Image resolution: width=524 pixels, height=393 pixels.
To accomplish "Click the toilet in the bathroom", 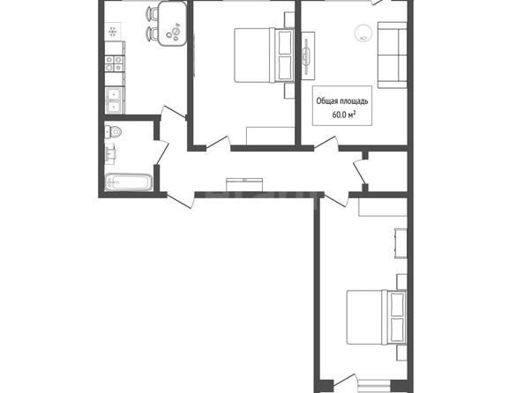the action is pos(113,131).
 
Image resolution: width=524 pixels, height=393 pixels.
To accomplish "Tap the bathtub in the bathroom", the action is pos(129,182).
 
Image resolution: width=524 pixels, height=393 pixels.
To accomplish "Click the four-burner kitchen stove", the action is pos(114,63).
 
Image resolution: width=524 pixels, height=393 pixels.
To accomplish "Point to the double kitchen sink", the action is pos(115,100).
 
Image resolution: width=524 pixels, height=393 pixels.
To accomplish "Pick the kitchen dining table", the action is pos(172,24).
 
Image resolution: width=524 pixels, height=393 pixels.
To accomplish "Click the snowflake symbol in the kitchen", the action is pos(113,32).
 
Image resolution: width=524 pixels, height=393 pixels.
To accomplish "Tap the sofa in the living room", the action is pos(393,55).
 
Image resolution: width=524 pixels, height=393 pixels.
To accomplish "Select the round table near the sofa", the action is pos(363,33).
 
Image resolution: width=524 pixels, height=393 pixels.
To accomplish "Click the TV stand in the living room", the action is pos(308,56).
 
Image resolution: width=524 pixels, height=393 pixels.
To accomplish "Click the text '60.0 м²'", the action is pos(344,115).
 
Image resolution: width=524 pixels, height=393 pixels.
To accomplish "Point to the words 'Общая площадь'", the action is pos(342,100).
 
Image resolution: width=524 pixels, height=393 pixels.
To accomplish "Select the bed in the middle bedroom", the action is pos(264,56).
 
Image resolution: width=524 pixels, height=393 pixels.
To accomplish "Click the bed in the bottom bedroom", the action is pos(377,317).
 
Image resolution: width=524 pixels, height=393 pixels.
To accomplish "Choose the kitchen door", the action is pos(173,113).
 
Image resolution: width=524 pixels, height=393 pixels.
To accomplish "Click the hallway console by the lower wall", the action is pos(244,185).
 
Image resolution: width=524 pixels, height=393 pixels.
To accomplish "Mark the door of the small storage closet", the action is pos(359,173).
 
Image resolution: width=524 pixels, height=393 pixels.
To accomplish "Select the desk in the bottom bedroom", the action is pos(401,243).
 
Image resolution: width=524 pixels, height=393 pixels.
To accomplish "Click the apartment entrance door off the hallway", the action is pos(179,201).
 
